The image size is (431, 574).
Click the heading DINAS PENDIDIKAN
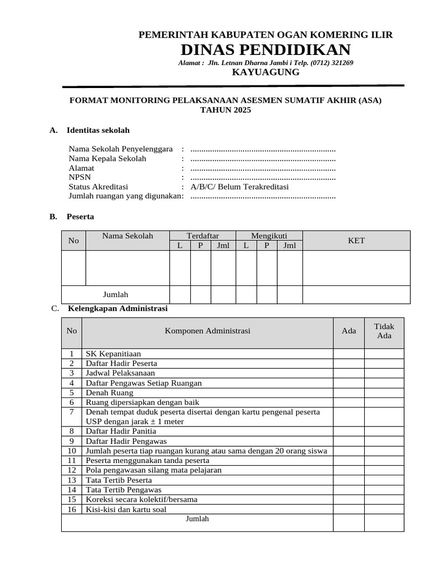tap(265, 49)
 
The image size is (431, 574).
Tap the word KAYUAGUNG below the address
tap(265, 72)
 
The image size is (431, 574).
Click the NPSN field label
tap(80, 177)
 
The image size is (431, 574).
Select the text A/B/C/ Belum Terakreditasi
tap(240, 187)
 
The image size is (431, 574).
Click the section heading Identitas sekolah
tap(98, 130)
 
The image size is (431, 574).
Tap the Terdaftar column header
tap(203, 236)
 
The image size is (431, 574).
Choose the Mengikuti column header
tap(269, 236)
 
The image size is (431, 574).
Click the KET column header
tap(356, 240)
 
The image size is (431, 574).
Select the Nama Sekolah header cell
tap(127, 236)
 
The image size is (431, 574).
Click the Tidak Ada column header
tap(384, 331)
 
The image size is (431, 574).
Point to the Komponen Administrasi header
tap(208, 331)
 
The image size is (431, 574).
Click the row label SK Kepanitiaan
tap(113, 354)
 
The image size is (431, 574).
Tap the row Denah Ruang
tap(109, 392)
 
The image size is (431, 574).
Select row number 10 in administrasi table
tap(71, 451)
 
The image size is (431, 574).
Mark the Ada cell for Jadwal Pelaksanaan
tap(349, 373)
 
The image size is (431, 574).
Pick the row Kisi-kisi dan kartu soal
tap(126, 510)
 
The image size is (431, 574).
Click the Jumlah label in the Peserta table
tap(116, 294)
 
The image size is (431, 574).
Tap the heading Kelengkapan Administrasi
tap(117, 308)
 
